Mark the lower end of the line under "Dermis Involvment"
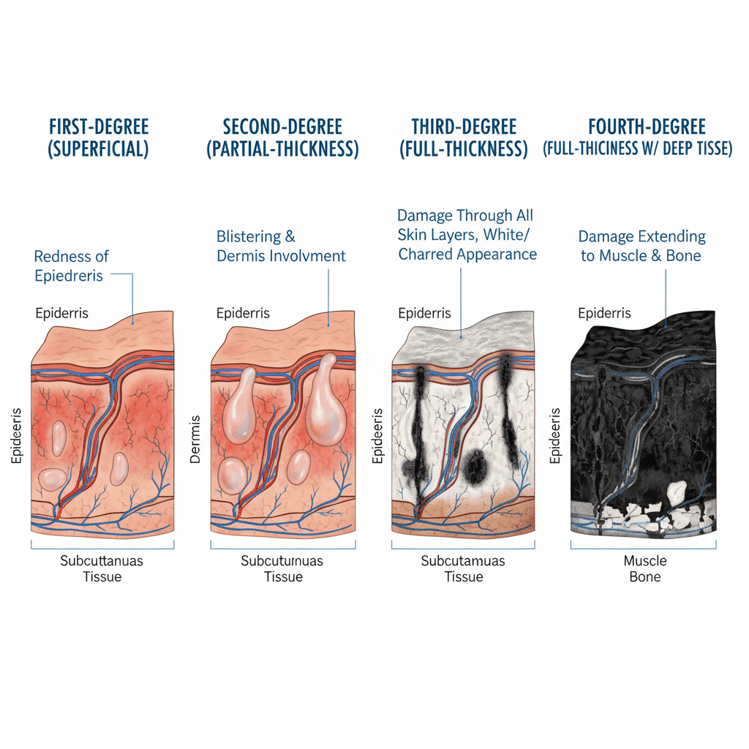[x=328, y=325]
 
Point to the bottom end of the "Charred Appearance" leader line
[x=461, y=337]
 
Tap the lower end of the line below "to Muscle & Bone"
[x=666, y=327]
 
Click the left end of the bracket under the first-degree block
[x=31, y=541]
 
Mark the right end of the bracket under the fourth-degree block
[x=716, y=541]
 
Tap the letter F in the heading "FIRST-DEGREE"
[x=53, y=127]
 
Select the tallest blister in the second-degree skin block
[x=325, y=400]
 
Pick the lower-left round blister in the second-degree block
[x=232, y=475]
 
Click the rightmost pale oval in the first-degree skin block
[x=119, y=469]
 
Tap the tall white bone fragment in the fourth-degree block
[x=677, y=494]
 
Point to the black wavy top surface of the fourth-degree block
[x=646, y=339]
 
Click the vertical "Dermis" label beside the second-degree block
[x=195, y=440]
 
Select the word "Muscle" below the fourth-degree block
[x=645, y=561]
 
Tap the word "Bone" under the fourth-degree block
[x=645, y=577]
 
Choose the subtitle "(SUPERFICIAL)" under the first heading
[x=98, y=149]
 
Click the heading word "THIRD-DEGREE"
[x=464, y=127]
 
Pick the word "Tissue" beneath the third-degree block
[x=463, y=577]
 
